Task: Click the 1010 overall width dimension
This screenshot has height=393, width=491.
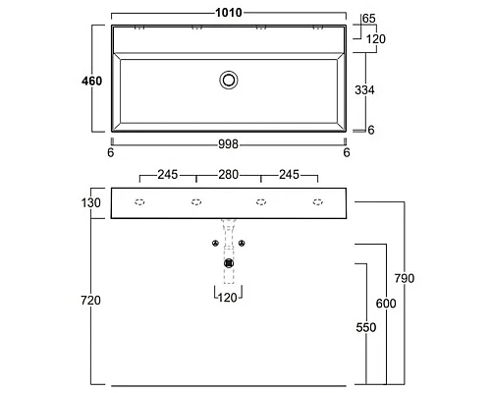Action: [229, 13]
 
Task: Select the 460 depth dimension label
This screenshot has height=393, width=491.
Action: [92, 81]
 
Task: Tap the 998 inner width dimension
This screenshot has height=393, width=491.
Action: [228, 144]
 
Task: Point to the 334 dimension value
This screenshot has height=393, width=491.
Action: [364, 89]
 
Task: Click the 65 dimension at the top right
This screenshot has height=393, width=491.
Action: [369, 19]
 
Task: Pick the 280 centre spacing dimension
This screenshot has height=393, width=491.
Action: [228, 175]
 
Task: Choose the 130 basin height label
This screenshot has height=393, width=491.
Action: [91, 203]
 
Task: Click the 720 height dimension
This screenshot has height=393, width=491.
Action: [90, 300]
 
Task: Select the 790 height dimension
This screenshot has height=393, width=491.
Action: [405, 278]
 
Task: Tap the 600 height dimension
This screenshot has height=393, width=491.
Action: [386, 304]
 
